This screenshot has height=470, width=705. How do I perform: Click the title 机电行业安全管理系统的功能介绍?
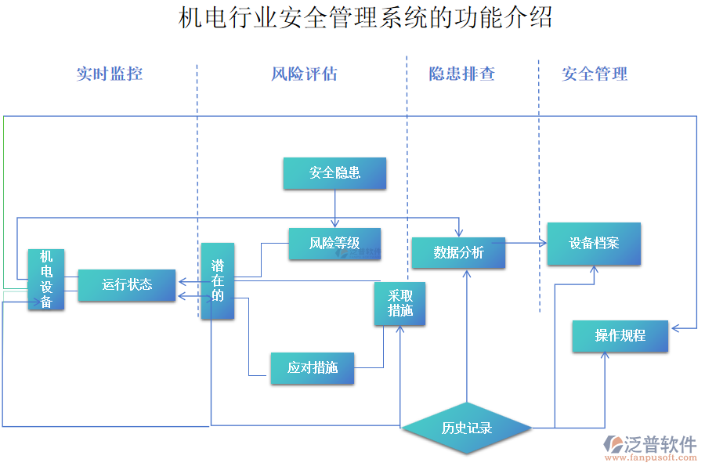click(x=365, y=17)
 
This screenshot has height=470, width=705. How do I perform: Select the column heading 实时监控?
click(x=110, y=74)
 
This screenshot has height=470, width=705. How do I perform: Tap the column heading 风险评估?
click(x=304, y=74)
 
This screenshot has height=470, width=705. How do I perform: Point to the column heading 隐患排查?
click(x=461, y=74)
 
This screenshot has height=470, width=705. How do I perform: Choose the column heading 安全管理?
click(x=595, y=74)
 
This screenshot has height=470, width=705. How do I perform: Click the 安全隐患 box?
click(x=334, y=173)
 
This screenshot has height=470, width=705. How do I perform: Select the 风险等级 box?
click(x=334, y=244)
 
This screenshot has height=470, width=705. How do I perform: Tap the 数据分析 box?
click(x=458, y=252)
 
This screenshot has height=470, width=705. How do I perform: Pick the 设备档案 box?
click(x=594, y=244)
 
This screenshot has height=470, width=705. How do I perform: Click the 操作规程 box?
click(x=620, y=336)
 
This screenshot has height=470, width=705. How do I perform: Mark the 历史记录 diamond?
click(x=466, y=428)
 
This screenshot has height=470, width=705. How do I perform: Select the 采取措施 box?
click(x=399, y=304)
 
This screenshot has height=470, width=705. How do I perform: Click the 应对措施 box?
click(x=312, y=367)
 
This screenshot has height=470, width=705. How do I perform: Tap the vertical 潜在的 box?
click(x=217, y=281)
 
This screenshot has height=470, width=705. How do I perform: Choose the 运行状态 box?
click(x=127, y=284)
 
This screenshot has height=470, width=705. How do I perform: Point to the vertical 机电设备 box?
click(x=46, y=280)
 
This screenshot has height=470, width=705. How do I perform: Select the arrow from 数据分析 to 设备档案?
click(x=525, y=244)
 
